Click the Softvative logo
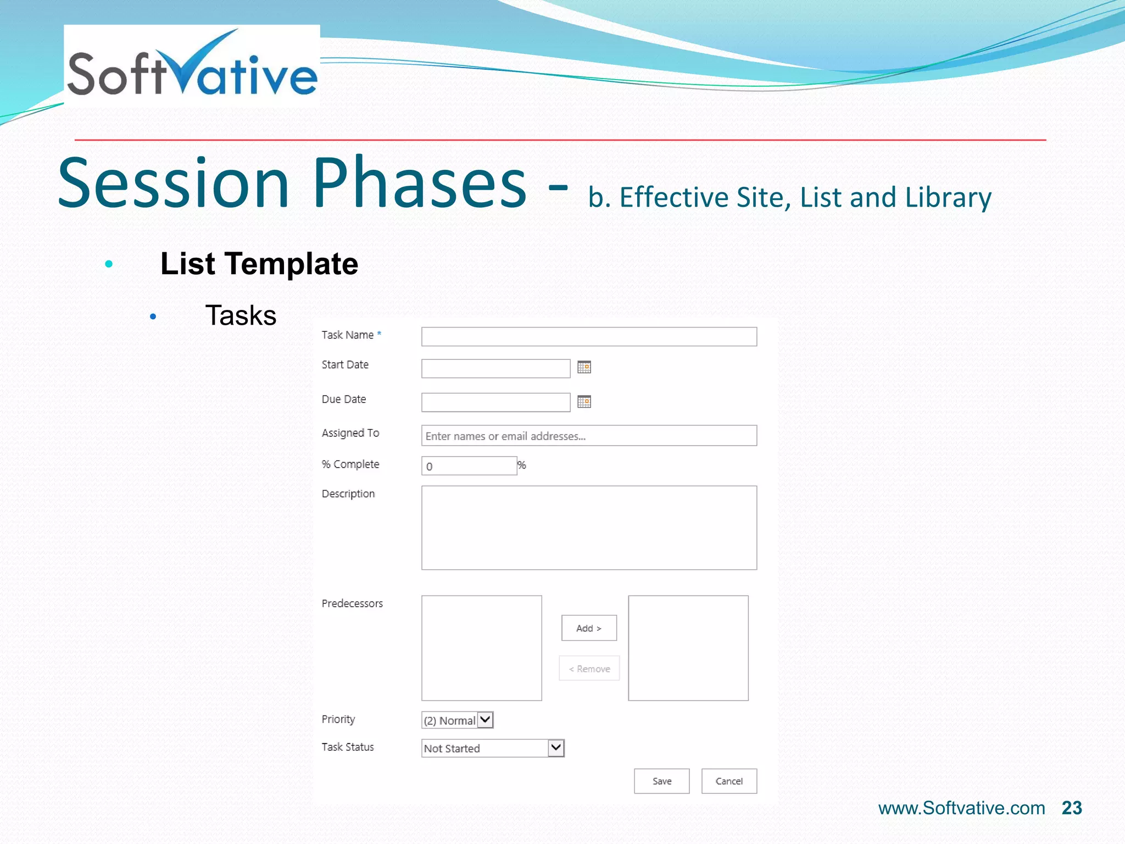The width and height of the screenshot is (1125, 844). tap(192, 66)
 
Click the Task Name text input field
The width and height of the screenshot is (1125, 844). tap(589, 337)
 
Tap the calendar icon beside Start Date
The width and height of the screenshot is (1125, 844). tap(584, 367)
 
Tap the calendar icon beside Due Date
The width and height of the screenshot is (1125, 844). tap(584, 402)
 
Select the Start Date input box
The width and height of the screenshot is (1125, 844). tap(495, 368)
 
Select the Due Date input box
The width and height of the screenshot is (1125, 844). tap(495, 402)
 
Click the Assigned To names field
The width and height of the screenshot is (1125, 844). tap(589, 436)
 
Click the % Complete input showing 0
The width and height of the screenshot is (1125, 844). tap(469, 466)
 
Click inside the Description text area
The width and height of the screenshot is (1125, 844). tap(589, 527)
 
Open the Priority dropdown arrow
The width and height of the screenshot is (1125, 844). tap(485, 720)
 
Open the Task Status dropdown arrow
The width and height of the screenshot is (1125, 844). tap(556, 748)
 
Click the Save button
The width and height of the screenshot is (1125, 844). tap(661, 781)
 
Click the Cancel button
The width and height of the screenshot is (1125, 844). tap(729, 781)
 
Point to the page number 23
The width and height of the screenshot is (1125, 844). tap(1072, 808)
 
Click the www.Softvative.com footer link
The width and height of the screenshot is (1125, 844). tap(961, 808)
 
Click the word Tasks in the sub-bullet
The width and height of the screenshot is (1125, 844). tap(241, 315)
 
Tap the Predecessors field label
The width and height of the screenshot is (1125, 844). tap(352, 603)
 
